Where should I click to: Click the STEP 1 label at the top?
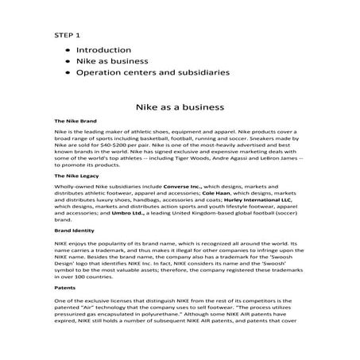[x=67, y=36]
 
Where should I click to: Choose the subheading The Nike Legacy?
[x=76, y=174]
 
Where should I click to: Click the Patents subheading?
[x=65, y=284]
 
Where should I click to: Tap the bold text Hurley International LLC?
[x=273, y=201]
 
